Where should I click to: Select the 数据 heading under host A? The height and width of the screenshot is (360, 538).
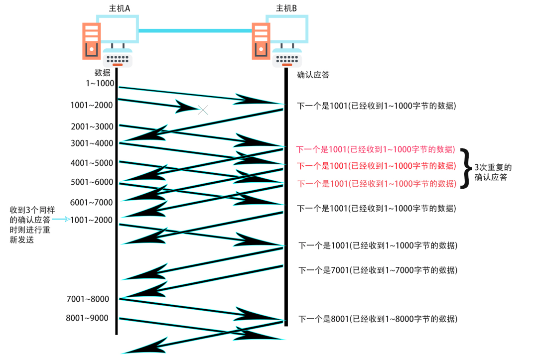103,73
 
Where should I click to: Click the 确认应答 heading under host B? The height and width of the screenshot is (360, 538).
313,75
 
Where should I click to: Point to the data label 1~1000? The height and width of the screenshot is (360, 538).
99,83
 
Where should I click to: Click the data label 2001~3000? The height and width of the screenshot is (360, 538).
92,126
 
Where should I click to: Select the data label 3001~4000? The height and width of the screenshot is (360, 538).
92,143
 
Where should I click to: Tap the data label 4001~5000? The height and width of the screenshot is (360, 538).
92,163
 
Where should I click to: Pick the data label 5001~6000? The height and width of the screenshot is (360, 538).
92,182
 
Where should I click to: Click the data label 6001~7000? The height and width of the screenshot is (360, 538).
92,202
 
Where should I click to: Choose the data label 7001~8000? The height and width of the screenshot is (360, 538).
88,299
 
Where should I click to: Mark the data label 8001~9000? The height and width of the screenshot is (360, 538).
87,318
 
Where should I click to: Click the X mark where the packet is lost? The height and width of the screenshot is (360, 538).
203,110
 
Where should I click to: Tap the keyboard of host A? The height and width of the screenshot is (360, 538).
118,58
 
